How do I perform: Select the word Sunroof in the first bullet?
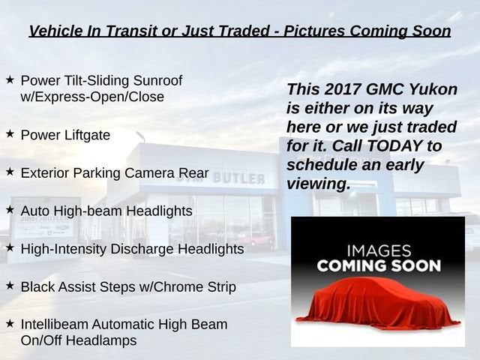coord(157,80)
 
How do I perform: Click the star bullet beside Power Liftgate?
coord(10,133)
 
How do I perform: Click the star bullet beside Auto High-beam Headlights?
coord(10,210)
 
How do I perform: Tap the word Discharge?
coord(142,249)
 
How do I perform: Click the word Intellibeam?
coord(55,325)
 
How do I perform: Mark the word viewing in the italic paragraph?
coord(318,184)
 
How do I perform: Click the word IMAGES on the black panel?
coord(379,250)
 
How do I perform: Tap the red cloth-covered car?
coord(378,303)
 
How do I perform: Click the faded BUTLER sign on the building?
coord(238,178)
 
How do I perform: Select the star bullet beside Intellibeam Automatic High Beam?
coord(10,323)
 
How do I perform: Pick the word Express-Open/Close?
coord(92,97)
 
